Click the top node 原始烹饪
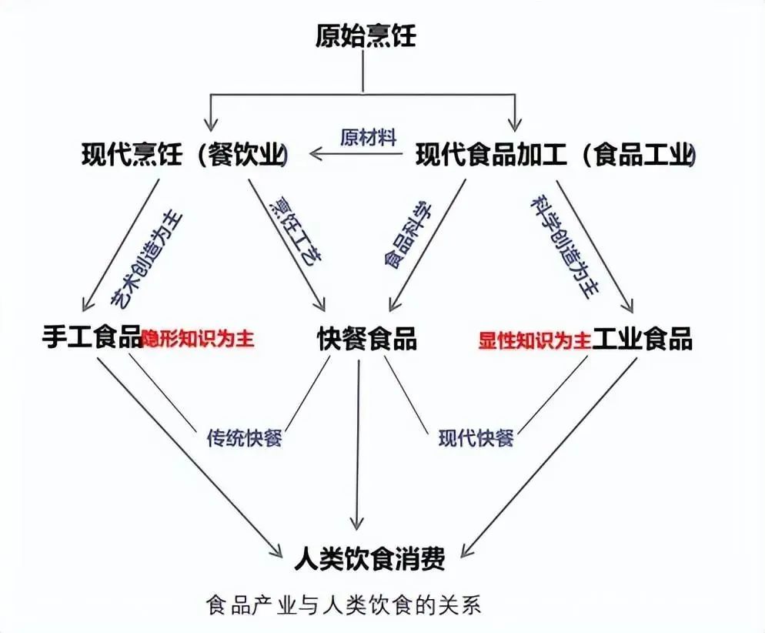pos(366,36)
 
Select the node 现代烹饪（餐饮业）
pos(185,156)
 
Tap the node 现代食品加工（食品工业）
pos(556,156)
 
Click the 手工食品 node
pos(92,338)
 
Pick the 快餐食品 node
pos(367,338)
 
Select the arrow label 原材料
pos(369,138)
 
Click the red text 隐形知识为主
pos(198,339)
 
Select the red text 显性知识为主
pos(534,340)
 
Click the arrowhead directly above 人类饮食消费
pos(357,524)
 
